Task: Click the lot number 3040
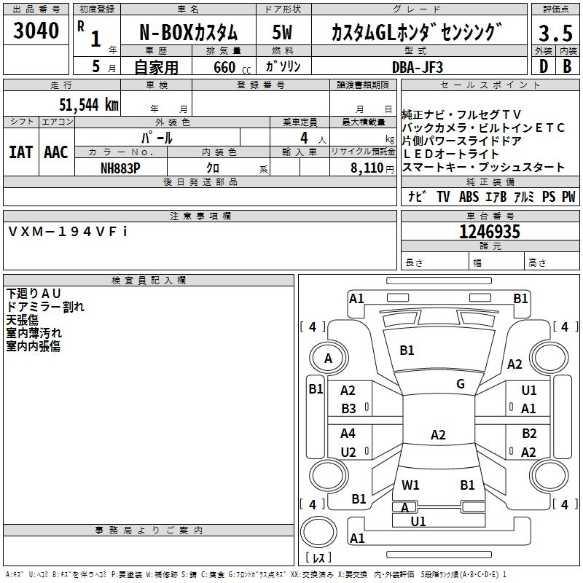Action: coord(36,31)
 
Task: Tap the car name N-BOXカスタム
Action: coord(189,33)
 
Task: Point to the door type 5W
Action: coord(283,33)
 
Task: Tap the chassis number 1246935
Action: coord(490,232)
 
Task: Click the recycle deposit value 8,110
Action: coord(364,168)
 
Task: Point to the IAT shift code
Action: coord(20,152)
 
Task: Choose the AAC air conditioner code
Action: coord(55,152)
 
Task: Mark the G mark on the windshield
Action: coord(460,384)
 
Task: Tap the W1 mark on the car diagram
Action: coord(410,485)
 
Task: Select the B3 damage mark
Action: coord(349,409)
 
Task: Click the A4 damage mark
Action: coord(348,434)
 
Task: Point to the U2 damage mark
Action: coord(348,452)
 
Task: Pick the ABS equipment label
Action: coord(469,197)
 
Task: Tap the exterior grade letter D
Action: coord(542,66)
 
